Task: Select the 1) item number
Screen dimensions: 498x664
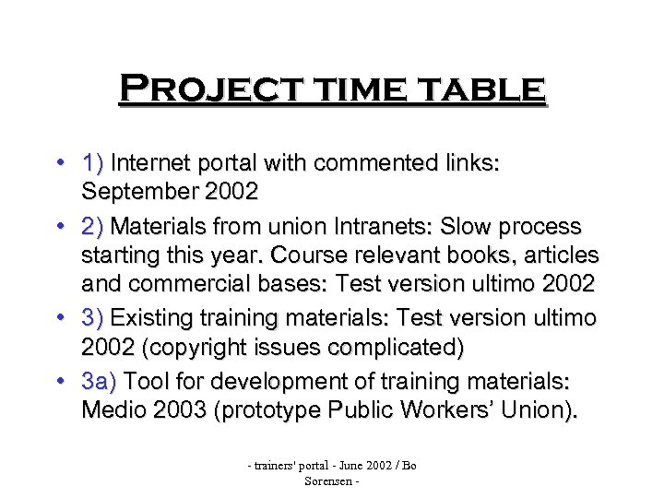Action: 94,164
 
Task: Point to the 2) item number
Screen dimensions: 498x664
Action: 94,226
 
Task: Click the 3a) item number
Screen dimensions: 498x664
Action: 100,380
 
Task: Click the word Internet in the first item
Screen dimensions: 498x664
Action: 154,164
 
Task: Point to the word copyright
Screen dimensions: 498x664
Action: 191,347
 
